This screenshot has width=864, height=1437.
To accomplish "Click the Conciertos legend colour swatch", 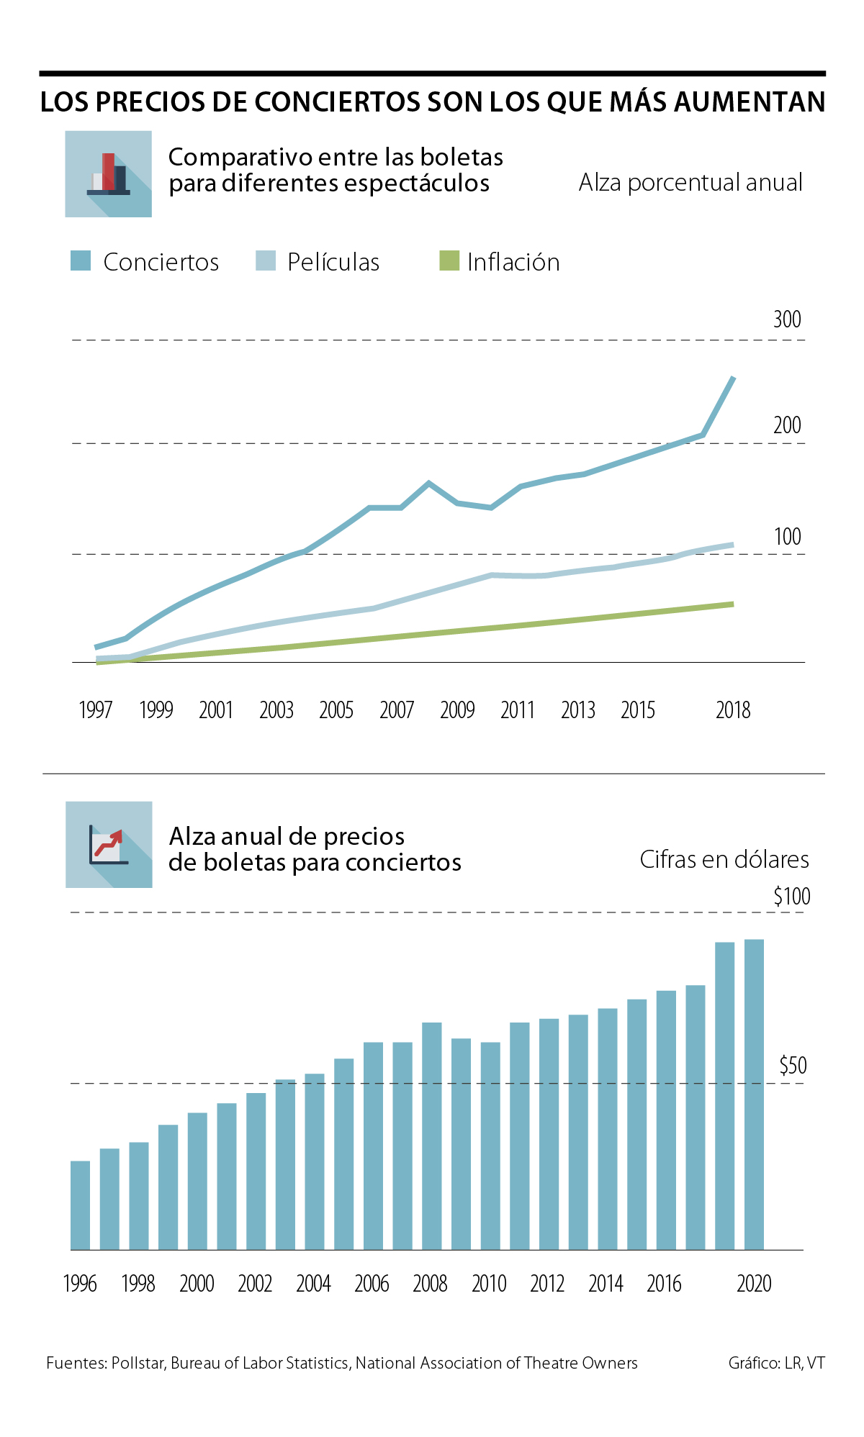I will [x=81, y=260].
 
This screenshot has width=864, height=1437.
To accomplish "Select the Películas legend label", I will [x=333, y=262].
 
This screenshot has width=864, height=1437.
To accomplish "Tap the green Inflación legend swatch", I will [x=449, y=260].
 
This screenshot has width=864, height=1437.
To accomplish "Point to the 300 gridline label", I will [x=787, y=319].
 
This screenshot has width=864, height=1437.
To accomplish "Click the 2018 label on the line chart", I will [x=733, y=710].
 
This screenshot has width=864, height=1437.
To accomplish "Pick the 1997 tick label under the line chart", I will [x=95, y=710].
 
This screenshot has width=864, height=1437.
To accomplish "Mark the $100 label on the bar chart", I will [x=791, y=897].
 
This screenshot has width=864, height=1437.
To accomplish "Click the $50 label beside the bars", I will [x=793, y=1066].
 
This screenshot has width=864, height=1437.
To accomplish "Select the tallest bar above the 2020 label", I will [x=754, y=1094].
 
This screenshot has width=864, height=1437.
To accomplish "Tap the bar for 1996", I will [x=81, y=1205].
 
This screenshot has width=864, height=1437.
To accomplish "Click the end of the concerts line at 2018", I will [x=733, y=378].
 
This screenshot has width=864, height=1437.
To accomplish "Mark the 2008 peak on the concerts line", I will [x=429, y=483].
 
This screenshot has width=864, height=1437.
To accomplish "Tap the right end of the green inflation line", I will [x=732, y=604].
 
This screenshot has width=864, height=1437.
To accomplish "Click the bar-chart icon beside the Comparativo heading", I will [x=108, y=174].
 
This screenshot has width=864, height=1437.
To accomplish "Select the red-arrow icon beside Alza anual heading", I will [x=109, y=844].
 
